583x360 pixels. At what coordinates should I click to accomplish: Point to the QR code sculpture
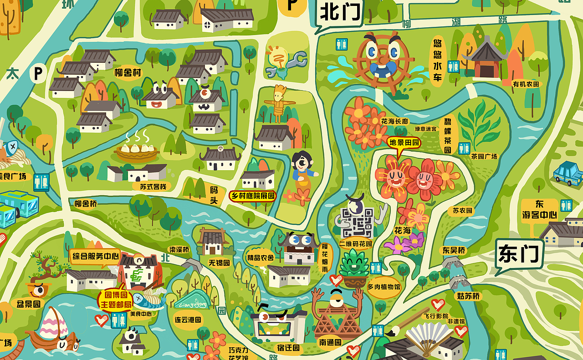[358, 222]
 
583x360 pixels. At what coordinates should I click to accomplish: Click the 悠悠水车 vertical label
[437, 61]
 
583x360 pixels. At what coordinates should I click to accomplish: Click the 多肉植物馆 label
[384, 287]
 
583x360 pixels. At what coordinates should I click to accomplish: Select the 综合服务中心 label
[96, 256]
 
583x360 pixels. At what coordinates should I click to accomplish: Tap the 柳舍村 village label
[128, 73]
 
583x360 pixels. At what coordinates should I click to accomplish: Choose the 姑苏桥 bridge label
[468, 296]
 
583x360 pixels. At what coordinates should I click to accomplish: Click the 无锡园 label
[219, 263]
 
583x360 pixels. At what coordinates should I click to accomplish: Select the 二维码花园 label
[356, 244]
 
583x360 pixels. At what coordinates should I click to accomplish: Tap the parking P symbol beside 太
[38, 73]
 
